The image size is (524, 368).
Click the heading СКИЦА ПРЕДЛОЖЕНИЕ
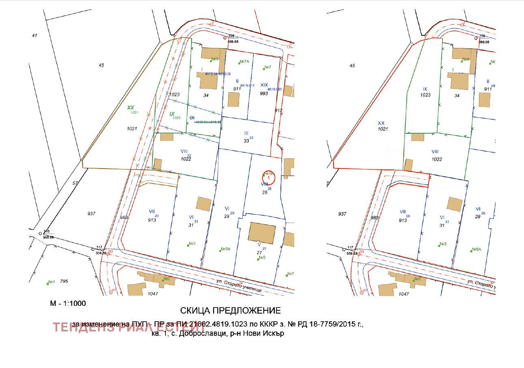coord(230,311)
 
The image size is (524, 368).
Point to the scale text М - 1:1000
coord(68,303)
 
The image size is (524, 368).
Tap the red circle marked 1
coord(268,177)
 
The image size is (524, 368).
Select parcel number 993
coord(264,93)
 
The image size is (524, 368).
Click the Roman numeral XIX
coord(264,85)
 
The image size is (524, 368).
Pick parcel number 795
coord(64,281)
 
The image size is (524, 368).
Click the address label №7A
coord(244,62)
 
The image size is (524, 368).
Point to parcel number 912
coord(278,110)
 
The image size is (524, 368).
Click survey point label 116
coord(47,231)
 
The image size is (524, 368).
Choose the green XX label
coord(130,108)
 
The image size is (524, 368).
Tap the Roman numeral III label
coord(246,133)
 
